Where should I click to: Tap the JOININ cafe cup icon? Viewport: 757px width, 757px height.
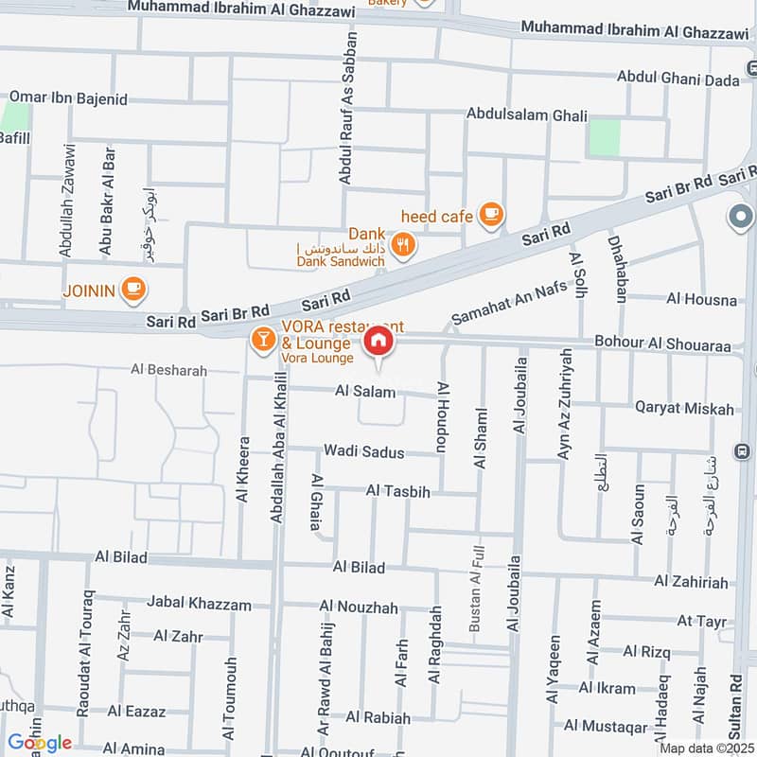tap(133, 289)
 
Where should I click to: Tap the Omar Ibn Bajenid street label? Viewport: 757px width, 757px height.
tap(67, 97)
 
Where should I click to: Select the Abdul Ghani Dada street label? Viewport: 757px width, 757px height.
tap(678, 79)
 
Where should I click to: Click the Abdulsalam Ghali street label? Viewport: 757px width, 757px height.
tap(519, 114)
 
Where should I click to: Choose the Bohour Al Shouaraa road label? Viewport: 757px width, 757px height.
tap(662, 346)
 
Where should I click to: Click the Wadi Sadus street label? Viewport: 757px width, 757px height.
tap(363, 452)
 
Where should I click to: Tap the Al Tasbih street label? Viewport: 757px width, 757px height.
tap(397, 492)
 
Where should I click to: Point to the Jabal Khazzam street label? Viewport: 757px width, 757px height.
tap(200, 604)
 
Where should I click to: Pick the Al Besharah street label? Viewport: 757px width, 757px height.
tap(168, 371)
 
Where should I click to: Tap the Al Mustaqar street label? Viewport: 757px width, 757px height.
tap(606, 727)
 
